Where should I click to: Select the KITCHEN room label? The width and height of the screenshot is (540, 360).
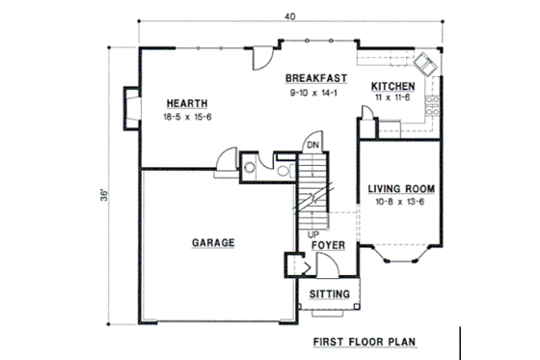tap(392, 87)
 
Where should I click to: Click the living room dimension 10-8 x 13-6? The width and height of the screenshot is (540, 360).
tap(396, 203)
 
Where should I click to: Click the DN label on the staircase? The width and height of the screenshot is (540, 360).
tap(312, 146)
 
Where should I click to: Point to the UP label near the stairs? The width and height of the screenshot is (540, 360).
tap(312, 234)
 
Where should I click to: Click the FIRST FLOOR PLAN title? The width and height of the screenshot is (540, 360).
tap(363, 344)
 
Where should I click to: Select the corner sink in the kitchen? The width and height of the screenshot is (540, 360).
tap(423, 64)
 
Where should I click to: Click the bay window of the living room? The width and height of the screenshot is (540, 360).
tap(395, 256)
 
